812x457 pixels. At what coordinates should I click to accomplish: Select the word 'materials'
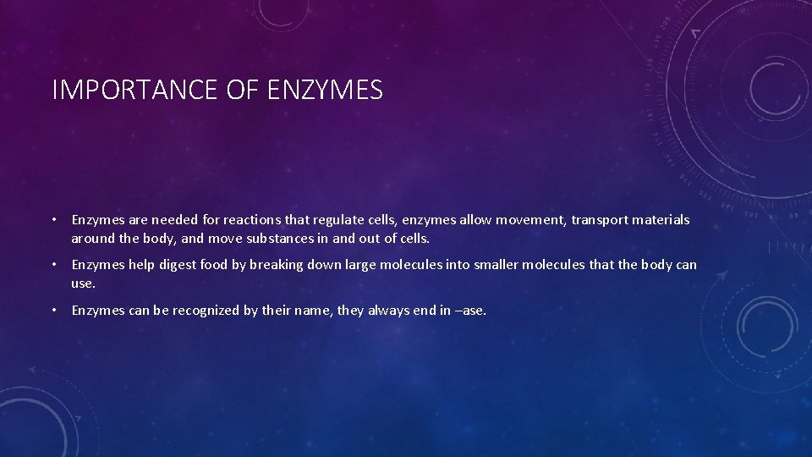[x=663, y=220]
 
